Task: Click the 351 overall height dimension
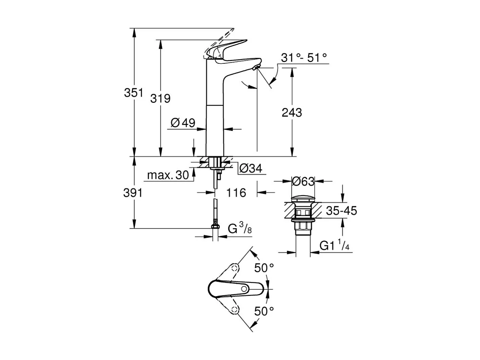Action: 133,93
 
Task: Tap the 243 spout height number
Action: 292,112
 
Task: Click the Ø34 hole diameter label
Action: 250,169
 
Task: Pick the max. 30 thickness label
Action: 168,175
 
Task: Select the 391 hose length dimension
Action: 133,193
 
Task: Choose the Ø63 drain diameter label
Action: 303,181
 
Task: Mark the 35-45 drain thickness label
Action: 341,211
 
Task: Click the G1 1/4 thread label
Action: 334,246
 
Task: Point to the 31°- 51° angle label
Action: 304,57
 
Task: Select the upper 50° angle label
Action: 264,268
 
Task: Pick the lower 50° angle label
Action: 264,311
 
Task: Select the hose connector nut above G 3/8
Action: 215,226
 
